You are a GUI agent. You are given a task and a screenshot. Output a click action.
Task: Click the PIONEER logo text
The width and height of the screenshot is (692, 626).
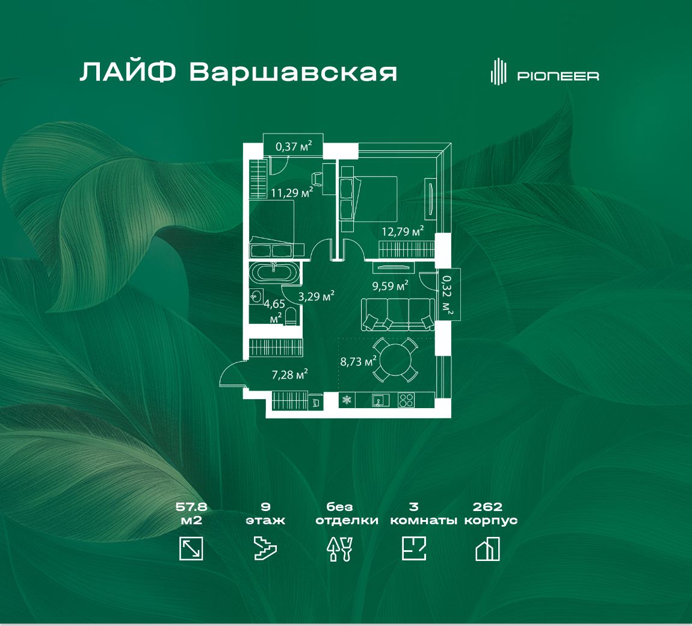558,76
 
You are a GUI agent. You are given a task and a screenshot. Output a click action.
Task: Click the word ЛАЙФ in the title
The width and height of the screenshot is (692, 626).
128,72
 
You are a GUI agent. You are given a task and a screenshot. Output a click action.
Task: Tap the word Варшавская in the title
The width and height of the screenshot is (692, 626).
294,72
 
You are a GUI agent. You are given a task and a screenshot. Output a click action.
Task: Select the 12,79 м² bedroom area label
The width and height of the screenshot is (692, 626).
403,231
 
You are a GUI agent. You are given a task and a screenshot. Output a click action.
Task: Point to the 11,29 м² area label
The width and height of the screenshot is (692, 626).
292,192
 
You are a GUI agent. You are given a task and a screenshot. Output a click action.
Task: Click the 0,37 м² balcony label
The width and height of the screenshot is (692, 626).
294,146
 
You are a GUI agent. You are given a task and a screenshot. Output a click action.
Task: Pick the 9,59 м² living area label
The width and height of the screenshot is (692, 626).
390,286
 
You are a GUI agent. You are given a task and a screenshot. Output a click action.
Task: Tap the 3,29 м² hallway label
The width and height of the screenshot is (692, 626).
316,296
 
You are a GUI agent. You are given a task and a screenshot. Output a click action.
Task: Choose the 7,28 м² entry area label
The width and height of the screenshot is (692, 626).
289,374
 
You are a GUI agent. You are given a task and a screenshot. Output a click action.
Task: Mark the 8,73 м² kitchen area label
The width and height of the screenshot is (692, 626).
358,362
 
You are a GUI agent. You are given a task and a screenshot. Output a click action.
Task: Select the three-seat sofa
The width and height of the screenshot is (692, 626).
398,314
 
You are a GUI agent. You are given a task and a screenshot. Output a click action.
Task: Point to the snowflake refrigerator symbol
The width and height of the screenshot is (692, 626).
347,400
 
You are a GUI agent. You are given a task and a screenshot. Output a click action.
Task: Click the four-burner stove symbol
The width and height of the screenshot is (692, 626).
406,400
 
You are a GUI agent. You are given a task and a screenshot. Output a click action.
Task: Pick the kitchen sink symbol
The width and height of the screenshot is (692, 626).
380,400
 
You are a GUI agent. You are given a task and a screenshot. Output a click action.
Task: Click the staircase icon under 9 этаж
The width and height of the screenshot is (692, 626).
265,549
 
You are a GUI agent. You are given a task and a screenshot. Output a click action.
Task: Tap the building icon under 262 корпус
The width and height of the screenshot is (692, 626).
487,549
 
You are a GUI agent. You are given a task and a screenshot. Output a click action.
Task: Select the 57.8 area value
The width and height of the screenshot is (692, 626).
191,506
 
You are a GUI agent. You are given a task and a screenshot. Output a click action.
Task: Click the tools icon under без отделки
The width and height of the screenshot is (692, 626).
340,549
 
